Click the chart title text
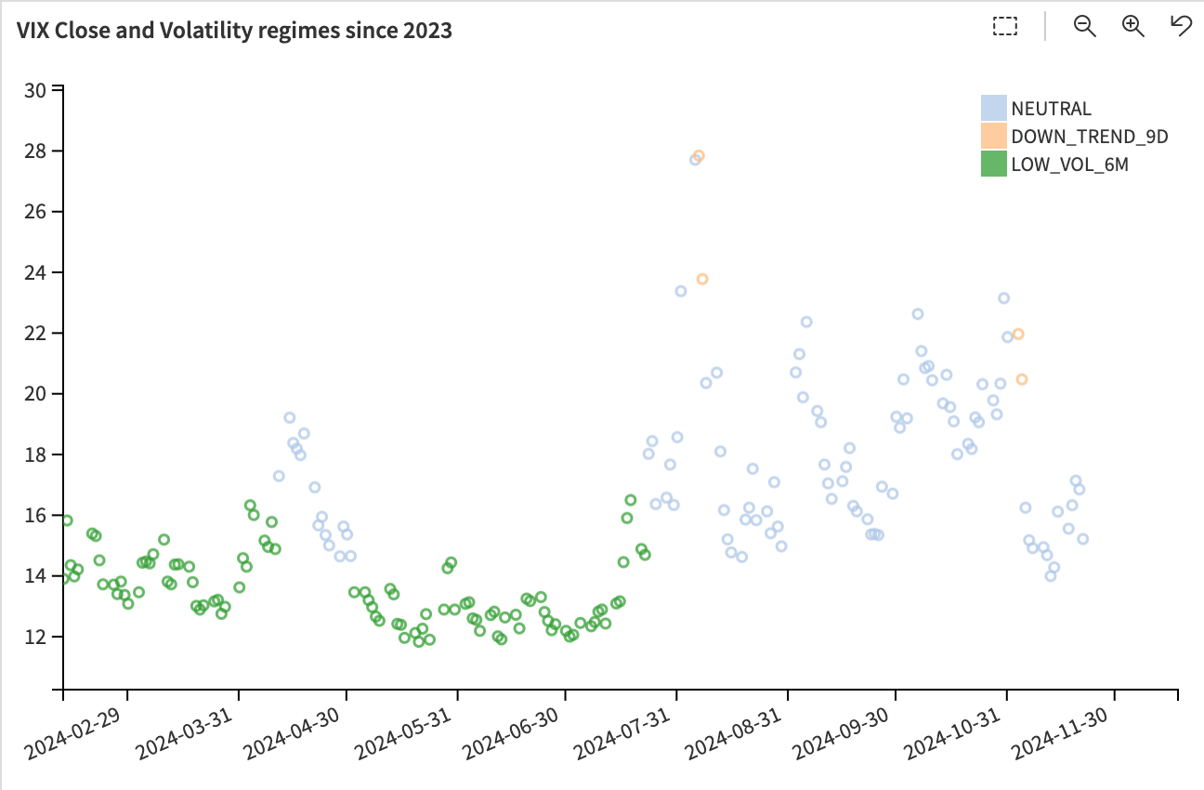tap(234, 31)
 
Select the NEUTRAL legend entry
tap(1051, 109)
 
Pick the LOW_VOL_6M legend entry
tap(1069, 165)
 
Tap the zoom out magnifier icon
tap(1084, 26)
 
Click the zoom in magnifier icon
tap(1132, 26)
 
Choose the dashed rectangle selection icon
tap(1005, 26)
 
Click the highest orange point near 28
tap(699, 156)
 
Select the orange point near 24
tap(702, 279)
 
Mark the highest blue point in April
tap(290, 417)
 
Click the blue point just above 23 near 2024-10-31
tap(1003, 298)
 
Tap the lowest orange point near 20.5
tap(1022, 379)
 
